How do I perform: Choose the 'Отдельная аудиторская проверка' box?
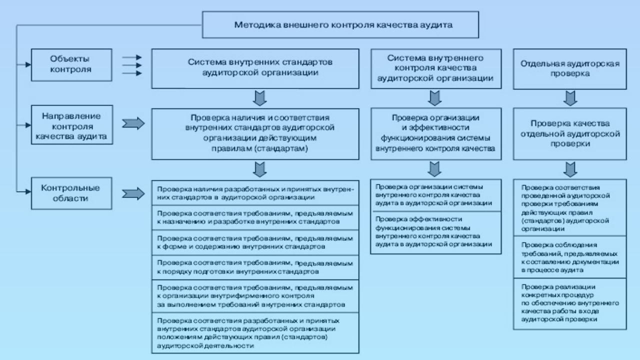click(570, 68)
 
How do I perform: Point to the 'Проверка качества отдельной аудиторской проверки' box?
click(570, 132)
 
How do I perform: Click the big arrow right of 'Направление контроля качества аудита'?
click(133, 123)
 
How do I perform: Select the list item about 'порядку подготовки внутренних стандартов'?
click(255, 267)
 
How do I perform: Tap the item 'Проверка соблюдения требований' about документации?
click(570, 257)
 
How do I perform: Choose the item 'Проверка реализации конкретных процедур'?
click(570, 303)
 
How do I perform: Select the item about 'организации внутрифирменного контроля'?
click(255, 296)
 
